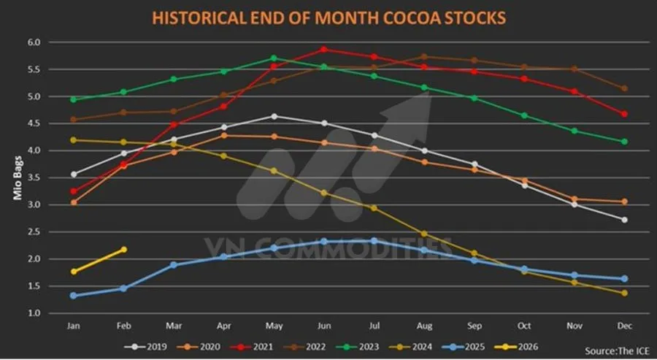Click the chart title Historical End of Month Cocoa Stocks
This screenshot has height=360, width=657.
coord(328,18)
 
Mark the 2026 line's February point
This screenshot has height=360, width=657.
coord(123,250)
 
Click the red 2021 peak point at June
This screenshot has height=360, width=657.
coord(324,50)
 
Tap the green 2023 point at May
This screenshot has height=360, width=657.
coord(274,58)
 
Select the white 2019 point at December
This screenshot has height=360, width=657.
coord(624,220)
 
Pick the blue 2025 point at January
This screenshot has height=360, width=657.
coord(74,296)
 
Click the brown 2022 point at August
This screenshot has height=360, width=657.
coord(424,57)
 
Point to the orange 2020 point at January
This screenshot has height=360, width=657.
coord(74,202)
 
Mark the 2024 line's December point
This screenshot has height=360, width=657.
coord(624,293)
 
